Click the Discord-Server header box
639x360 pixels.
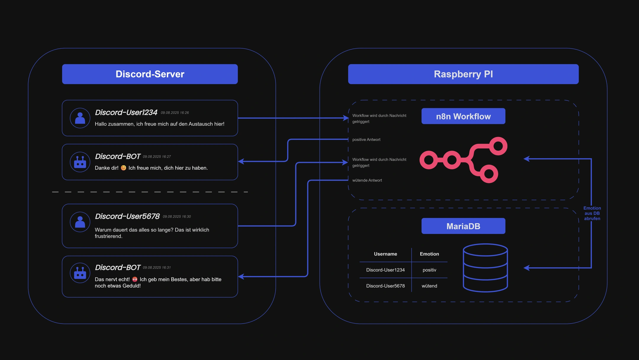(150, 74)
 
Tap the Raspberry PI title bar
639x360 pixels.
(463, 74)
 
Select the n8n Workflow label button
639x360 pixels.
(463, 116)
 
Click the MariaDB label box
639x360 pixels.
(463, 226)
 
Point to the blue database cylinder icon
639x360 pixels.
(485, 268)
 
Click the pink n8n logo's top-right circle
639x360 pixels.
(498, 146)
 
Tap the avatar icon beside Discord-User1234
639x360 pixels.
(80, 118)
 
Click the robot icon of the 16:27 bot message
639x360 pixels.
(80, 162)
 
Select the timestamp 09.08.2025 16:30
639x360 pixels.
(177, 217)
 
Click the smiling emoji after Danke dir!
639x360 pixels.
(123, 168)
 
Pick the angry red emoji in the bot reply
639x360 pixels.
(135, 279)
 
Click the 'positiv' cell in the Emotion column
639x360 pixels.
(429, 270)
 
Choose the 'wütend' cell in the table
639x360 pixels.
(429, 286)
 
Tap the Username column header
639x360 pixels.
(385, 254)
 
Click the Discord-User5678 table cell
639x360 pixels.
(385, 286)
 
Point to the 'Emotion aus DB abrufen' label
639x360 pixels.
(592, 213)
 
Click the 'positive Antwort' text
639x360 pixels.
(366, 140)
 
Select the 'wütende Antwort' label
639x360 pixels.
(367, 180)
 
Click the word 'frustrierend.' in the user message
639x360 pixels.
(108, 236)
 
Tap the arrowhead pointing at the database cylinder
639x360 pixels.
(526, 268)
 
